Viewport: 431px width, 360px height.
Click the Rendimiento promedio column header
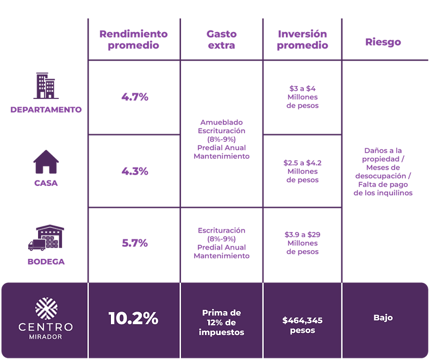point(133,39)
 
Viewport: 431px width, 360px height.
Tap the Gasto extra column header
point(222,39)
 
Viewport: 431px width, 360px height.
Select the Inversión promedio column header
point(302,39)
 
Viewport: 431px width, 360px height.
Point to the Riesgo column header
point(383,42)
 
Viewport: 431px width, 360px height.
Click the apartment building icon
point(46,86)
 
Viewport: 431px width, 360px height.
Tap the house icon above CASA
point(46,162)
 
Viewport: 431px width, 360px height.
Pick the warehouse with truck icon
point(46,237)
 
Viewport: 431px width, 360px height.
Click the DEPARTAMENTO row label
point(46,109)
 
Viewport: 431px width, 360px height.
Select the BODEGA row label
point(46,261)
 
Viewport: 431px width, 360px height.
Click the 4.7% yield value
point(135,97)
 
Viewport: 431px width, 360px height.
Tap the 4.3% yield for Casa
point(135,171)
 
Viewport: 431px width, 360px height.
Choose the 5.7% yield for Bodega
point(135,243)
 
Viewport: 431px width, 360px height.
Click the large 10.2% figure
point(133,318)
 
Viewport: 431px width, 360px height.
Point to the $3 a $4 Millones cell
point(302,97)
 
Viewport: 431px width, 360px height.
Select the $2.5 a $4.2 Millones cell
point(302,171)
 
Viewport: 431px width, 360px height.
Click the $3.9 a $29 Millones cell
point(302,243)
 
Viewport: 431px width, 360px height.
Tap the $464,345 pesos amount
point(302,325)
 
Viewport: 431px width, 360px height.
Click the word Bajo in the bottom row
point(383,318)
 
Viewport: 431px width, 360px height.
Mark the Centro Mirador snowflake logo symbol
point(46,308)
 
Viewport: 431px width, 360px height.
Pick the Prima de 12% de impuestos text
point(221,322)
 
